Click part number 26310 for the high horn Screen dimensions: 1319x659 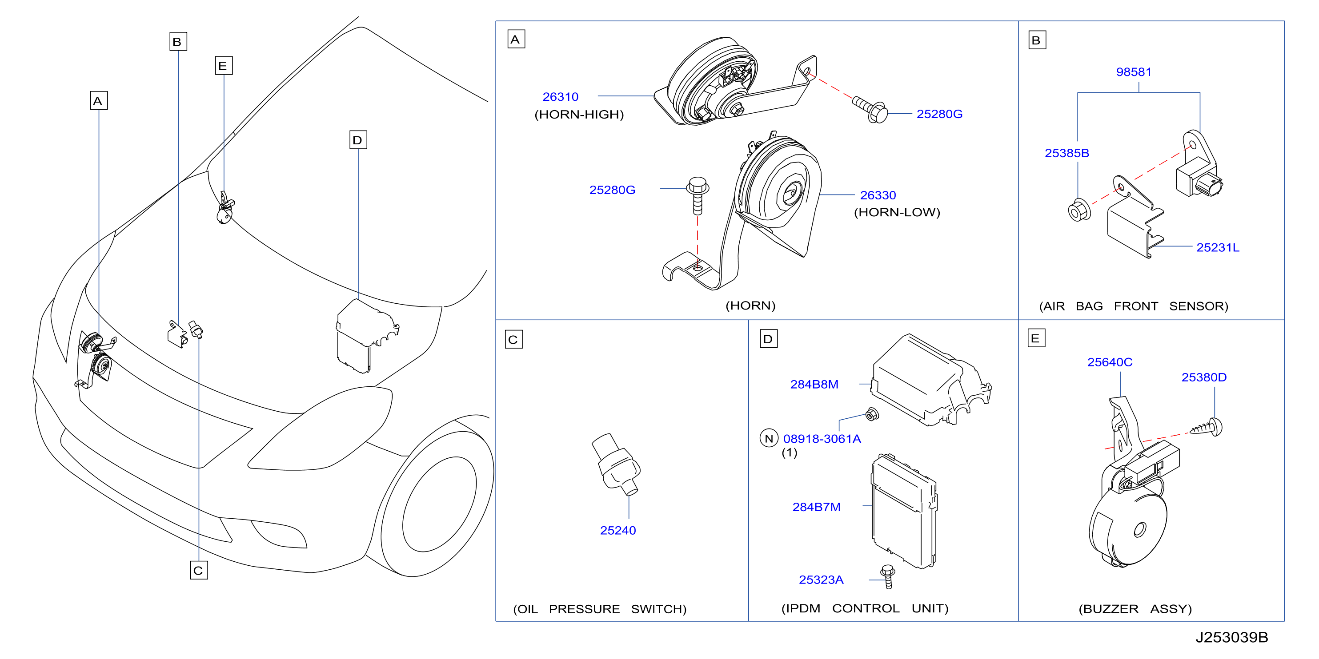[560, 97]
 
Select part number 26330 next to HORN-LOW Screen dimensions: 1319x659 [878, 195]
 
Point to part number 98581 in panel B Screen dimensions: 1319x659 [1134, 71]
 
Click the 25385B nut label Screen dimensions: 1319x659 [1066, 153]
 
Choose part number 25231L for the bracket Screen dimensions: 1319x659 [1218, 248]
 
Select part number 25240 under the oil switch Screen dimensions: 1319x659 [617, 530]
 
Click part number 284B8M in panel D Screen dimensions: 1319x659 [814, 384]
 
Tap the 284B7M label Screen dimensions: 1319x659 [816, 507]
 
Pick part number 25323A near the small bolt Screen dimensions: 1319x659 [821, 580]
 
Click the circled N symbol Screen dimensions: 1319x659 [769, 438]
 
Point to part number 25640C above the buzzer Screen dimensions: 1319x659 [1110, 362]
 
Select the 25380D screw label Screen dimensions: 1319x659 [1204, 377]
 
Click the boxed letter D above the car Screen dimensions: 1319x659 [358, 140]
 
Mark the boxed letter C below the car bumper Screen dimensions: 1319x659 [199, 570]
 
